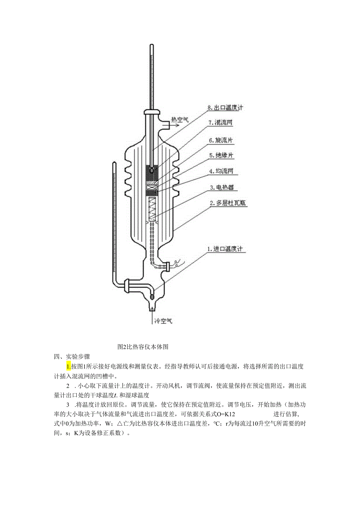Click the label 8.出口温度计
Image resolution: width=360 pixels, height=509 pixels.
click(225, 107)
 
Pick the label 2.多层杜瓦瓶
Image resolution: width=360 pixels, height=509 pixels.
click(228, 203)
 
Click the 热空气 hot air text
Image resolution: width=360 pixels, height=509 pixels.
click(180, 119)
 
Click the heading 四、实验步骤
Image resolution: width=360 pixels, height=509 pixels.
click(72, 356)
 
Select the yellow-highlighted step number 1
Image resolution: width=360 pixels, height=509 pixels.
click(68, 367)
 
